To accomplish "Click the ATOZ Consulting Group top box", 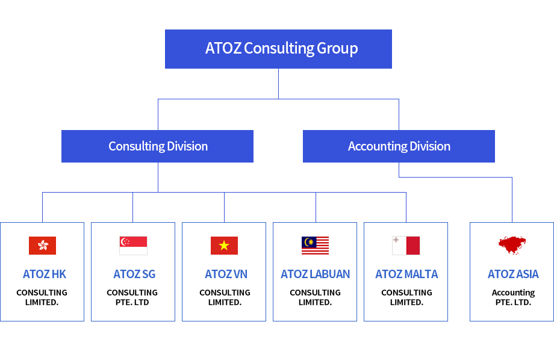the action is tap(278, 49).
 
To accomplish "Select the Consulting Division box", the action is tap(157, 146).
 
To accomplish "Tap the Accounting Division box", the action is tap(399, 146).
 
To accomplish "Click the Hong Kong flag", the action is tap(42, 246).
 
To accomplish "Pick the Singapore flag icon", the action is tap(133, 246).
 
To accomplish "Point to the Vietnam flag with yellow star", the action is tap(224, 246).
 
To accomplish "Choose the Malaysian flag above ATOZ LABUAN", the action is tap(315, 246).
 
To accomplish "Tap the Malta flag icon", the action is tap(406, 246).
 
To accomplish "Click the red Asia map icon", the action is tap(512, 245).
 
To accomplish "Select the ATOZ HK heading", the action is tap(45, 274).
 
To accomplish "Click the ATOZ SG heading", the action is tap(134, 274).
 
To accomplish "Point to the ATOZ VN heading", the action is tap(226, 274).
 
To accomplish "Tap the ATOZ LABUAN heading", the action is tap(315, 274).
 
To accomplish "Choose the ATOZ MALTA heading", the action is tap(406, 274).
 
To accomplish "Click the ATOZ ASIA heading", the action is tap(513, 274).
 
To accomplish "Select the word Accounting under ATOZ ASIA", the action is tap(513, 293).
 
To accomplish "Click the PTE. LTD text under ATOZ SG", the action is tap(132, 302).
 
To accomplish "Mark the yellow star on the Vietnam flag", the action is tap(224, 245).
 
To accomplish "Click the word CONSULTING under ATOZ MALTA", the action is tap(406, 293).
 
